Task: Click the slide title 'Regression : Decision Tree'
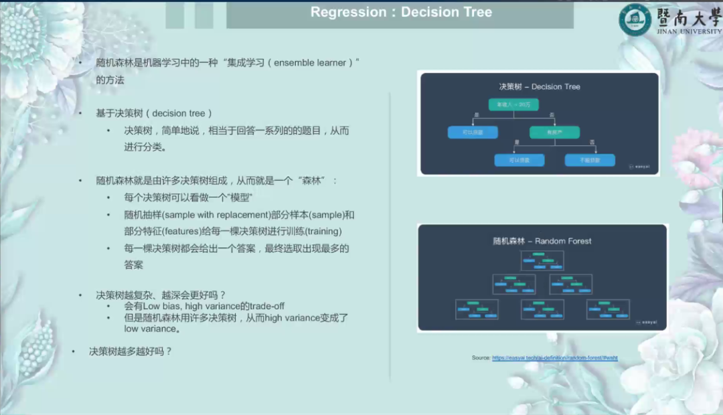pyautogui.click(x=401, y=13)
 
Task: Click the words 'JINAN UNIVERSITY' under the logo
pyautogui.click(x=689, y=31)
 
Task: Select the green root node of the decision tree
pyautogui.click(x=513, y=105)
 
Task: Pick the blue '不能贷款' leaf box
pyautogui.click(x=589, y=160)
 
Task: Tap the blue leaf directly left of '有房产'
pyautogui.click(x=473, y=133)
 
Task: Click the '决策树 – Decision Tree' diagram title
pyautogui.click(x=540, y=87)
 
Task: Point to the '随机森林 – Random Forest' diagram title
pyautogui.click(x=542, y=241)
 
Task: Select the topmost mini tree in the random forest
pyautogui.click(x=542, y=260)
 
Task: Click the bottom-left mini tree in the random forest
pyautogui.click(x=477, y=309)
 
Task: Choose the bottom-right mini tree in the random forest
pyautogui.click(x=608, y=309)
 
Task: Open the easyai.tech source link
pyautogui.click(x=554, y=358)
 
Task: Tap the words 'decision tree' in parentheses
pyautogui.click(x=182, y=113)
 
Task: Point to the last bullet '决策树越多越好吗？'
pyautogui.click(x=131, y=351)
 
